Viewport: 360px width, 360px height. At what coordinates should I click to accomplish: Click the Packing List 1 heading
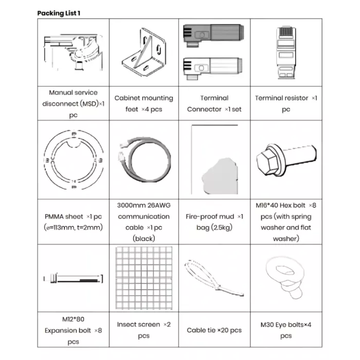[x=59, y=13]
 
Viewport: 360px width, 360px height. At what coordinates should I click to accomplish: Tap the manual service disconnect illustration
[x=73, y=52]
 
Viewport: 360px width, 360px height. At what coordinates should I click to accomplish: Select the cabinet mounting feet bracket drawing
[x=144, y=52]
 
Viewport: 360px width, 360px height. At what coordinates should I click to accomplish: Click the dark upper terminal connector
[x=213, y=35]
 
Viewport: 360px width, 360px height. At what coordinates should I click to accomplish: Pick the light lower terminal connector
[x=213, y=68]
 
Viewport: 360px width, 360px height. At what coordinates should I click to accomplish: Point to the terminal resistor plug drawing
[x=286, y=52]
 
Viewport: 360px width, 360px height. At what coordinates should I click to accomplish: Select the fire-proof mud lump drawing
[x=220, y=176]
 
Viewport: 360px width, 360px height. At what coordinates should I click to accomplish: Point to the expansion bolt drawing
[x=73, y=278]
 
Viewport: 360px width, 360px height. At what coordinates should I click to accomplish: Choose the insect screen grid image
[x=144, y=278]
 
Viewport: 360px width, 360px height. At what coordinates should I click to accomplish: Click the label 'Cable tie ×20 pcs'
[x=214, y=330]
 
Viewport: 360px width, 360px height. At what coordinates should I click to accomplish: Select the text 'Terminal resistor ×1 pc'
[x=286, y=103]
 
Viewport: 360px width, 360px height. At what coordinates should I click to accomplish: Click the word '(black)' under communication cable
[x=144, y=239]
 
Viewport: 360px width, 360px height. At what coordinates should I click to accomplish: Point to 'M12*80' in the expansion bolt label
[x=73, y=319]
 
